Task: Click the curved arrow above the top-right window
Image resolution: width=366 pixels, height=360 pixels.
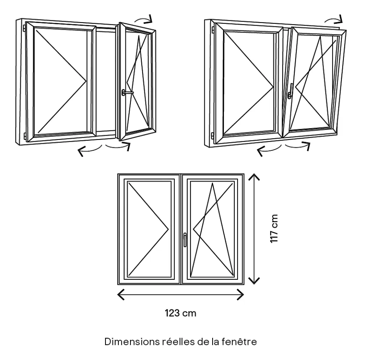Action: [x=334, y=19]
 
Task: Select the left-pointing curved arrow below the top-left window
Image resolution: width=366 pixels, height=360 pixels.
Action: [x=90, y=149]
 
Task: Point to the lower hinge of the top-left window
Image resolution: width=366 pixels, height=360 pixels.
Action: [x=25, y=135]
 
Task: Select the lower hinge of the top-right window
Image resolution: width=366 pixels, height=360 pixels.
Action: [x=212, y=135]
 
